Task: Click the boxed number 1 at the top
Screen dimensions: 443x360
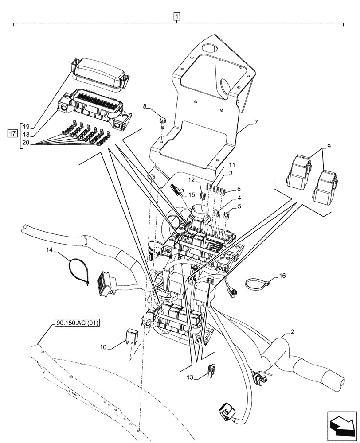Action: (177, 17)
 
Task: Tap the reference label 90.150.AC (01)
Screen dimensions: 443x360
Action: (77, 323)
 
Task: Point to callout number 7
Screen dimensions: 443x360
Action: (255, 122)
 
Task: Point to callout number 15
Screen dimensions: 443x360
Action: (192, 194)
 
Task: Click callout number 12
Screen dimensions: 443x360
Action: (191, 180)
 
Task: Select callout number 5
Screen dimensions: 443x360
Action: (239, 206)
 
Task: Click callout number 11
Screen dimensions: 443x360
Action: (231, 165)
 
